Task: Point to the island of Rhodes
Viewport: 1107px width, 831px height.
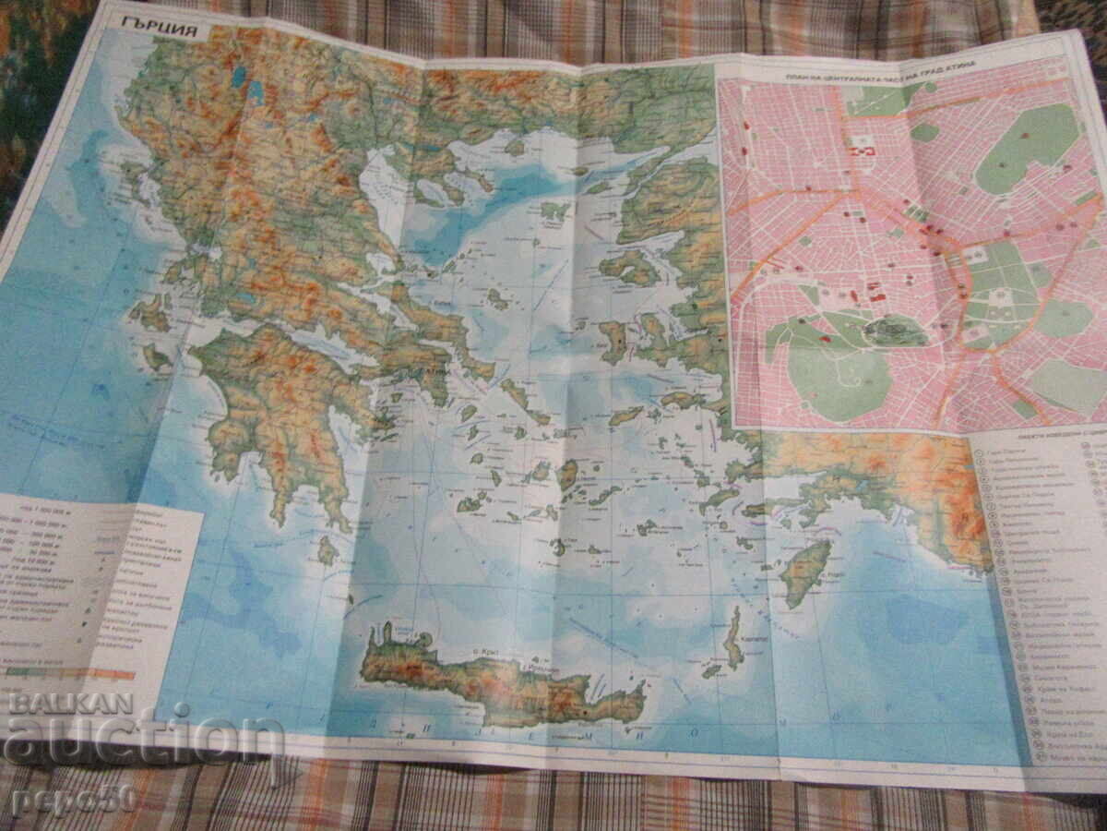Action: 805,572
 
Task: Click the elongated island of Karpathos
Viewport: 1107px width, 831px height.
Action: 733,637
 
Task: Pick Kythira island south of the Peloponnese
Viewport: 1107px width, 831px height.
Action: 327,551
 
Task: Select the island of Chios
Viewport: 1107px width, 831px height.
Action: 613,340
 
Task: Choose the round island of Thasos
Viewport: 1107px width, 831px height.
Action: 515,146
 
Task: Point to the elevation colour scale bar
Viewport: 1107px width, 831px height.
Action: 69,673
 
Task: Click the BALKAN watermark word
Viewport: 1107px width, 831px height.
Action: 70,704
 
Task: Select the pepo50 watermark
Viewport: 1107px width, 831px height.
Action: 74,798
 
